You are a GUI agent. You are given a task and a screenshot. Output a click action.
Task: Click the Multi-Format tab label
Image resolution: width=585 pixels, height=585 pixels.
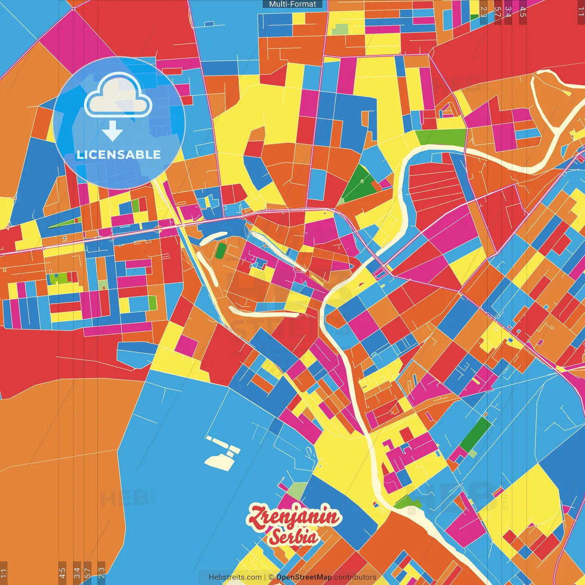(x=292, y=4)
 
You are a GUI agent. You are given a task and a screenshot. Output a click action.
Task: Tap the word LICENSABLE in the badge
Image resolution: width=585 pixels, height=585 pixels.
(x=119, y=154)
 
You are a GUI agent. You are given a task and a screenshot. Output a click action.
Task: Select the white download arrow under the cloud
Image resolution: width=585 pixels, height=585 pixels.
(x=112, y=131)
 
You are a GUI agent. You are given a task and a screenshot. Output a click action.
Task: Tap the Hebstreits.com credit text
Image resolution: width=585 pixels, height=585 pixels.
(x=235, y=577)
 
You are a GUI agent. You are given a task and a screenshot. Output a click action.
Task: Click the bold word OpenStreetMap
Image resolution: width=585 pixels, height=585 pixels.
(x=304, y=577)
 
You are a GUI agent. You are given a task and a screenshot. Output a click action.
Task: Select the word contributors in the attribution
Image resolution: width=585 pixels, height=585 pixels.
(x=355, y=577)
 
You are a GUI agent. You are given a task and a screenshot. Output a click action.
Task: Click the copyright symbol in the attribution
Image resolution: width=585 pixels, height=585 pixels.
(x=271, y=577)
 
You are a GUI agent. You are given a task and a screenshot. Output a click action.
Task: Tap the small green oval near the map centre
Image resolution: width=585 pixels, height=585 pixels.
(x=221, y=251)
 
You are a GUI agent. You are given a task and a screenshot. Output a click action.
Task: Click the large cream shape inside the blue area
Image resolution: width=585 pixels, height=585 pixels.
(x=219, y=461)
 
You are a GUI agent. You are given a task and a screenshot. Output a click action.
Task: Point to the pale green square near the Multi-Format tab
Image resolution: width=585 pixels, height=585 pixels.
(x=340, y=29)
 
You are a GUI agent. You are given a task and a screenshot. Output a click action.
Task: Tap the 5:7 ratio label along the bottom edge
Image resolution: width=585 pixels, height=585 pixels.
(x=88, y=572)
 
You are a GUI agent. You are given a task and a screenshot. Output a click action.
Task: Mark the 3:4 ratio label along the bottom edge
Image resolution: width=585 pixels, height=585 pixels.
(x=76, y=572)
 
